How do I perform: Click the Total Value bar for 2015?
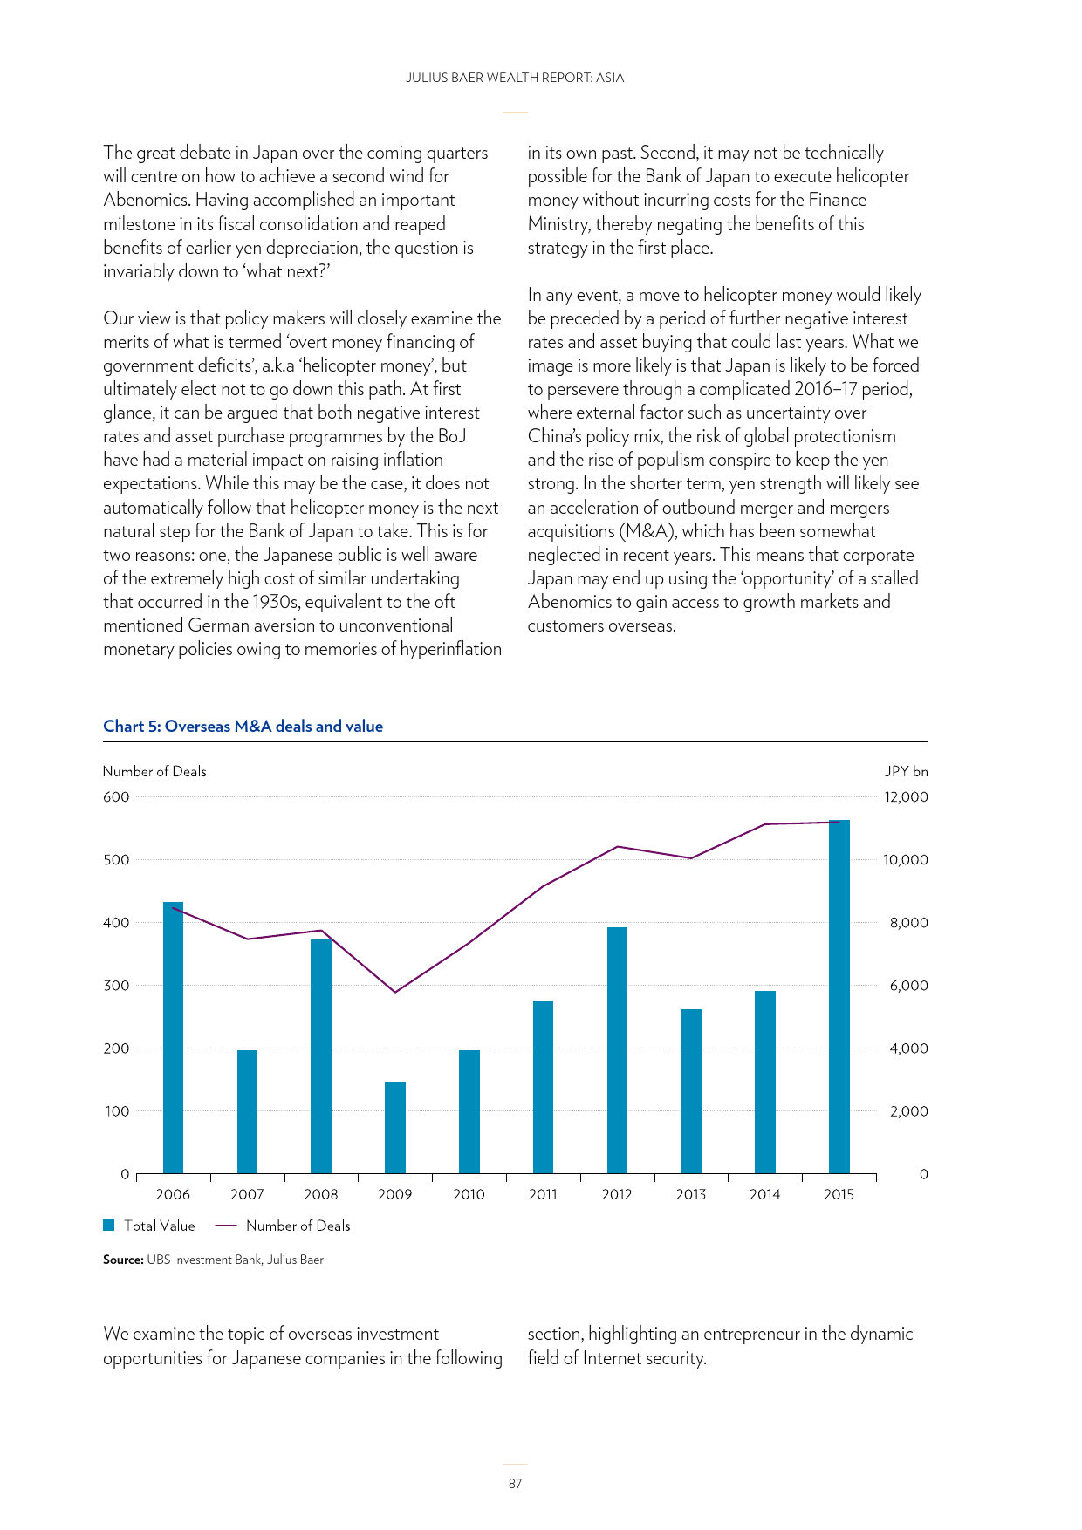(x=839, y=996)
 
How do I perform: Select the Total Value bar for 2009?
(x=395, y=1127)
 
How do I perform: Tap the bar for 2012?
(x=617, y=1050)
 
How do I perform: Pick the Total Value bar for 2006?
(x=173, y=1037)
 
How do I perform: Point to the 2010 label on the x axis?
(x=469, y=1194)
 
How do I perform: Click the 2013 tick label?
(x=691, y=1194)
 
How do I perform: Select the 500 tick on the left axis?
(x=116, y=859)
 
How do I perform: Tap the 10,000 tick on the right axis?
(x=906, y=859)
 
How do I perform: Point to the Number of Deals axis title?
(x=154, y=771)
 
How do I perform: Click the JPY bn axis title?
(x=907, y=771)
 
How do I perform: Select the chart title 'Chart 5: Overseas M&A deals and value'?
(x=243, y=727)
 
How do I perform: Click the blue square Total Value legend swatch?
(x=109, y=1226)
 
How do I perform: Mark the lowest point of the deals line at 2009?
(x=395, y=992)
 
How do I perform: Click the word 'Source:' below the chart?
(x=123, y=1260)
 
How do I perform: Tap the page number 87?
(x=515, y=1483)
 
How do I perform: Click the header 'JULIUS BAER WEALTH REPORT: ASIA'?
(x=515, y=78)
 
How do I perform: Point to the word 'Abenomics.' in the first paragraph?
(x=145, y=200)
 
